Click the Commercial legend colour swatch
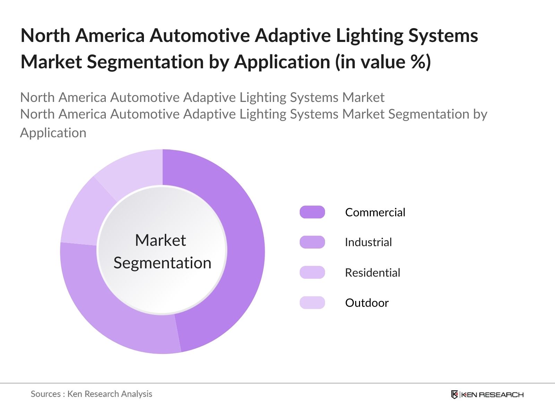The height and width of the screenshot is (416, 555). [312, 212]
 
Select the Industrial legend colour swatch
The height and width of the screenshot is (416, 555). [312, 242]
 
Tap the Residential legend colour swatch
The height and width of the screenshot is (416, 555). [312, 272]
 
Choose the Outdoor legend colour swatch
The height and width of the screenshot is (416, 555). [312, 303]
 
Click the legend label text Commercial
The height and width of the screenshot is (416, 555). [375, 212]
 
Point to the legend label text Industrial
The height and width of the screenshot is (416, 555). [368, 242]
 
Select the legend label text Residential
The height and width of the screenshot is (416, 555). [372, 272]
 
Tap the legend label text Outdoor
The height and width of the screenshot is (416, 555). [367, 303]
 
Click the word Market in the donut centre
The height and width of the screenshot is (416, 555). [160, 240]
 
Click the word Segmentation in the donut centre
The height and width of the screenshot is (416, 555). [162, 263]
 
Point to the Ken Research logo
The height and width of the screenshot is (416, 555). [487, 395]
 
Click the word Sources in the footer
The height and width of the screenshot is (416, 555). [46, 394]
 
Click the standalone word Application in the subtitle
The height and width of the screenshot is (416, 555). [53, 133]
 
